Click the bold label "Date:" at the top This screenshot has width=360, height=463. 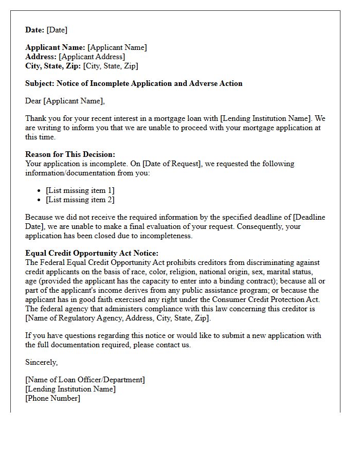coord(35,30)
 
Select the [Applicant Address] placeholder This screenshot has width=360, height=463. coord(92,57)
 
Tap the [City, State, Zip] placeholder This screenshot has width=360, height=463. coord(111,66)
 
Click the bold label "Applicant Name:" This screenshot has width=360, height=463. coord(56,47)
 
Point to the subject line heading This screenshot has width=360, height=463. coord(134,83)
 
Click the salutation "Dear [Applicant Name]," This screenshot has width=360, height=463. coord(65,101)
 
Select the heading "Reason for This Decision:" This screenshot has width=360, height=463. coord(70,154)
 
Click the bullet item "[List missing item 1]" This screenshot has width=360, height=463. coord(80,190)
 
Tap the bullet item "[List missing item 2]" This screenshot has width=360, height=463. coord(80,200)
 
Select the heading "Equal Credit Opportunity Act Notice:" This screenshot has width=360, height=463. coord(92,253)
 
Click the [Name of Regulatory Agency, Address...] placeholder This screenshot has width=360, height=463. coord(118,318)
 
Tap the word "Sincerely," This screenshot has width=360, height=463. coord(42,362)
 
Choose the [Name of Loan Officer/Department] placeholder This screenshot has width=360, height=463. coord(85,380)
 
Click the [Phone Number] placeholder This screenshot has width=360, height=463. coord(52,398)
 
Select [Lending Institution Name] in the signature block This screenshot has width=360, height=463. coord(70,389)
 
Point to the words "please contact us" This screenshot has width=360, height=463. coord(161,345)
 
